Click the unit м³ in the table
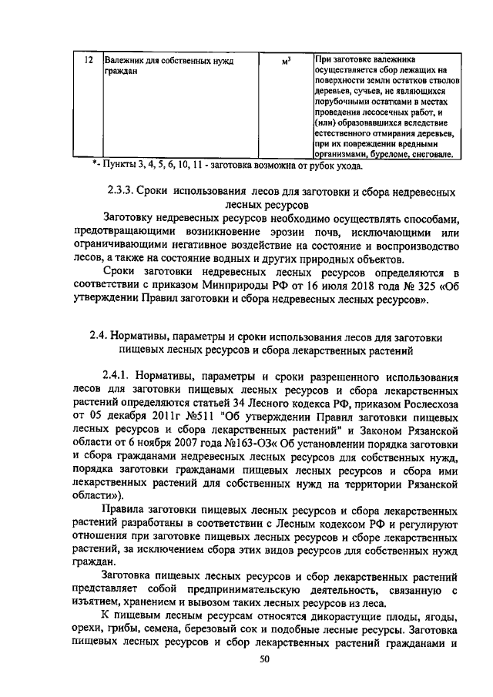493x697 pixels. (x=285, y=60)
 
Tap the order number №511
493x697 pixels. (x=183, y=421)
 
